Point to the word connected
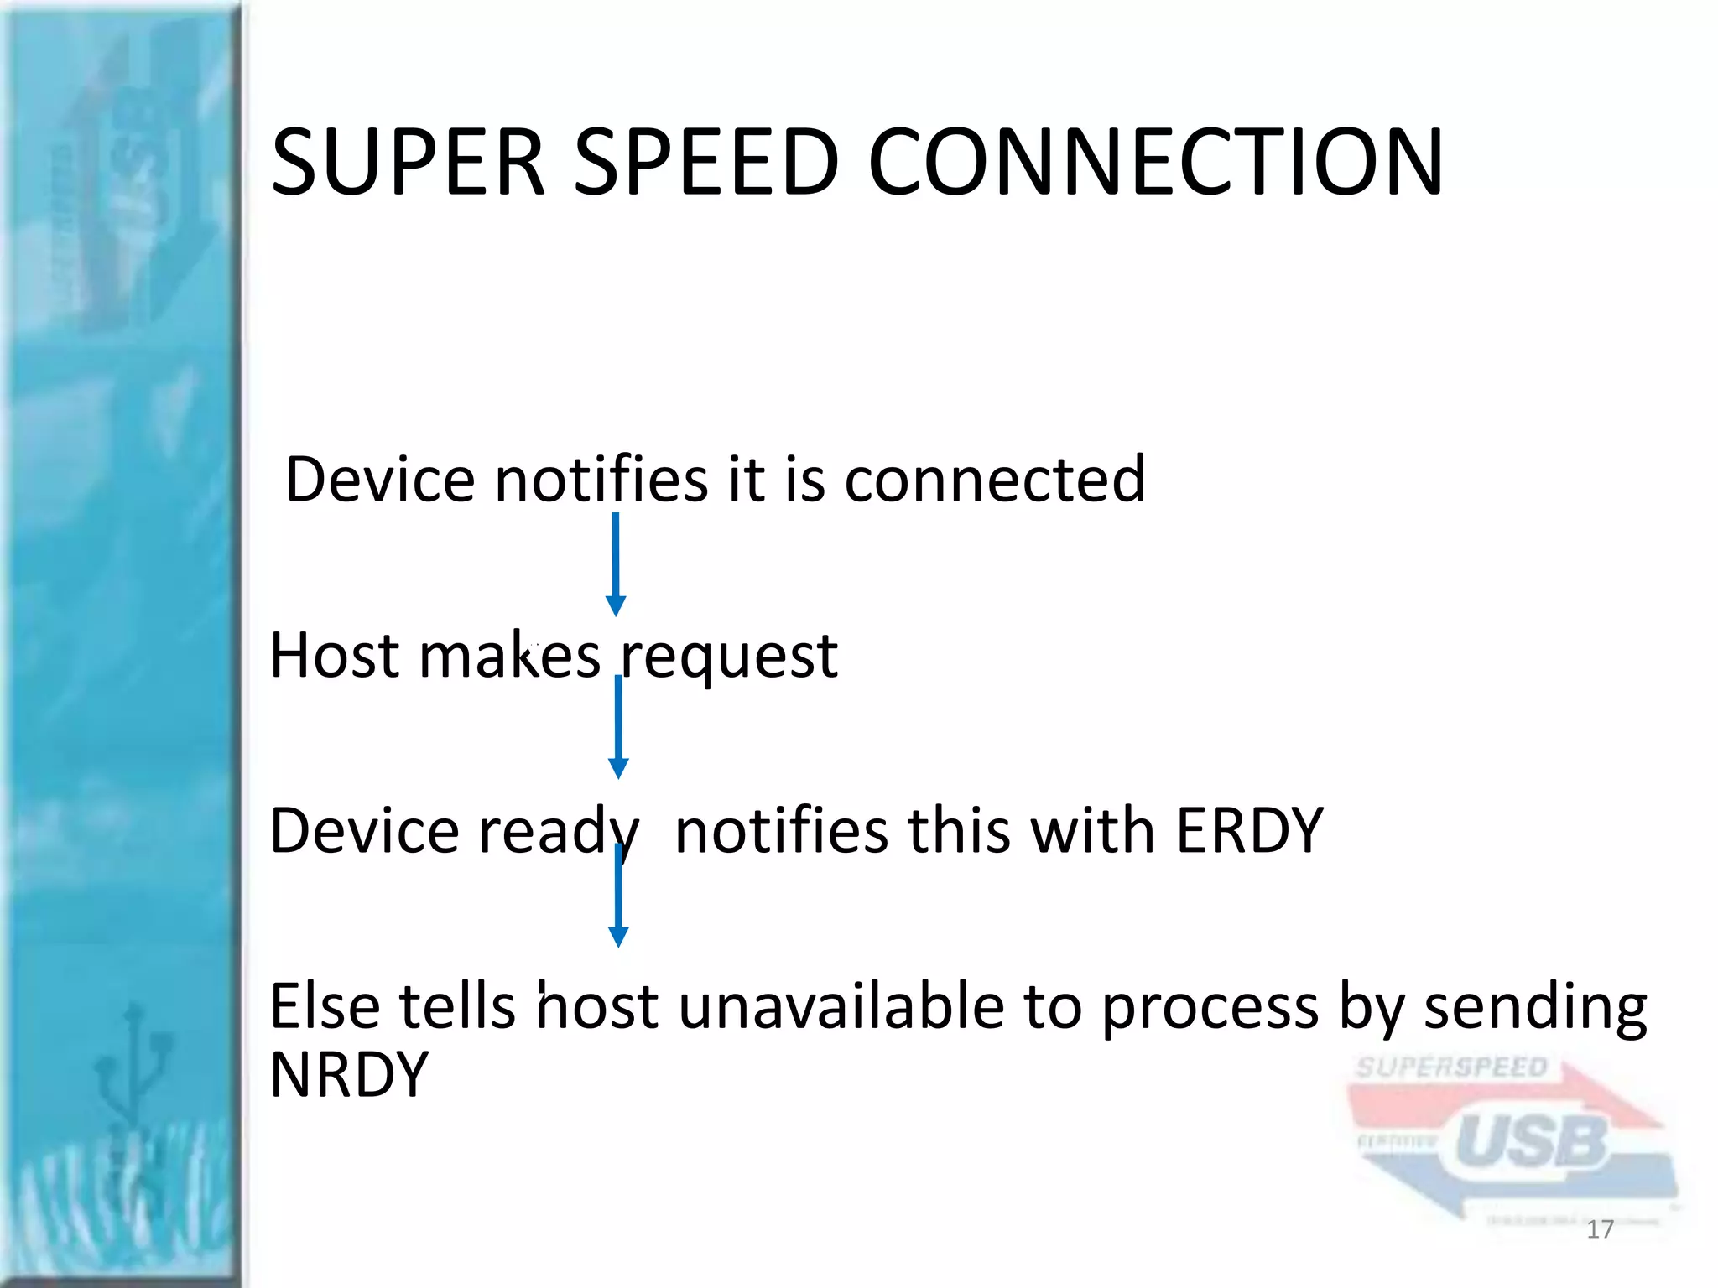pyautogui.click(x=994, y=479)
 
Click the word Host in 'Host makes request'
pyautogui.click(x=334, y=655)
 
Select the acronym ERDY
pyautogui.click(x=1249, y=830)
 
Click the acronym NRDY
pyautogui.click(x=349, y=1074)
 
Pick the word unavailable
pyautogui.click(x=841, y=1005)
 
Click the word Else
pyautogui.click(x=324, y=1005)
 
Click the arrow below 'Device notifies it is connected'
pyautogui.click(x=616, y=563)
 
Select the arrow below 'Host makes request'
pyautogui.click(x=618, y=726)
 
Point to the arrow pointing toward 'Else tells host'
pyautogui.click(x=618, y=895)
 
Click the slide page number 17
pyautogui.click(x=1600, y=1229)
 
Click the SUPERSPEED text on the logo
pyautogui.click(x=1450, y=1067)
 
